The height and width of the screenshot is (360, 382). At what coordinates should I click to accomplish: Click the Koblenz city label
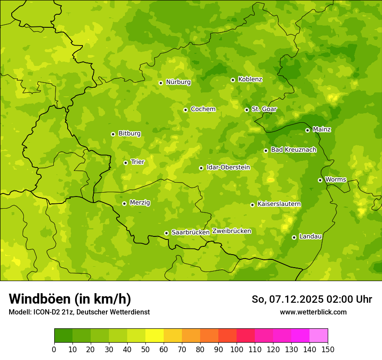(250, 79)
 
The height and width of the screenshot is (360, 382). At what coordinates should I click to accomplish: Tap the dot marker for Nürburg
(161, 83)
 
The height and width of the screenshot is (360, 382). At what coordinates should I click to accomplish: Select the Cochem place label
(203, 109)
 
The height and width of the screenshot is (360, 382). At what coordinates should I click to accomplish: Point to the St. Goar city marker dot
(247, 110)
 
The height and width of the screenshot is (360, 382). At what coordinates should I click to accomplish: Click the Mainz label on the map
(322, 129)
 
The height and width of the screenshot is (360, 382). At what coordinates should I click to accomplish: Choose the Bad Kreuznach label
(293, 150)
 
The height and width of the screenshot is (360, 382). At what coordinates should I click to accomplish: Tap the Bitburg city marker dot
(113, 134)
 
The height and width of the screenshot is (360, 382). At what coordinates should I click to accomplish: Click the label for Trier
(137, 162)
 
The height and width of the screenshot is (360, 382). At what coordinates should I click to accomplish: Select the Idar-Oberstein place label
(228, 167)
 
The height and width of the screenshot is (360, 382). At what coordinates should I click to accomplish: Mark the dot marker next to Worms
(320, 180)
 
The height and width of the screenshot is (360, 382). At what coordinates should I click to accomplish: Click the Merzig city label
(140, 203)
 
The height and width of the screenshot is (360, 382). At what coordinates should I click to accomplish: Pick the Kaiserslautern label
(279, 204)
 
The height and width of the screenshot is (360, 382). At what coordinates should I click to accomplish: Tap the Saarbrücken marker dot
(166, 233)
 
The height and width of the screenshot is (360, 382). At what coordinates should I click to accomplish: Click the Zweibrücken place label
(232, 231)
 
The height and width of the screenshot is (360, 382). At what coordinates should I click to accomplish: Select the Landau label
(310, 236)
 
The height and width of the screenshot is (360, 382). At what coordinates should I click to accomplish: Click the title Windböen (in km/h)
(69, 299)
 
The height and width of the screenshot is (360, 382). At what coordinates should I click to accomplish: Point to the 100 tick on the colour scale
(237, 349)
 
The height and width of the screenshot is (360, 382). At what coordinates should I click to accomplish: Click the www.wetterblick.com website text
(313, 312)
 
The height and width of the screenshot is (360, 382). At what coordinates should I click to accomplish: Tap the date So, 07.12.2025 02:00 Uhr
(312, 299)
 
